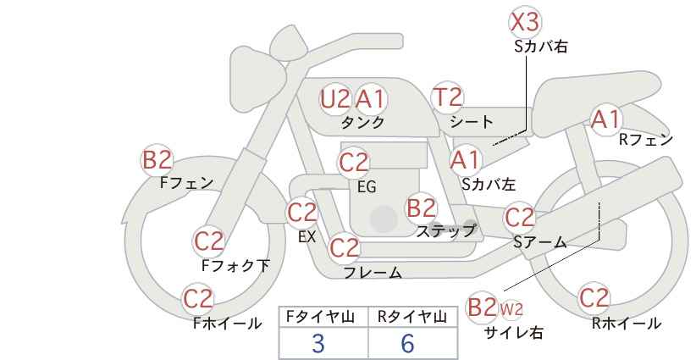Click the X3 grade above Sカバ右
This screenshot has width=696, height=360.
pyautogui.click(x=525, y=22)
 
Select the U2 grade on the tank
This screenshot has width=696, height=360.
pyautogui.click(x=335, y=99)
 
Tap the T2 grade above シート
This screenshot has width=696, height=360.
pyautogui.click(x=447, y=97)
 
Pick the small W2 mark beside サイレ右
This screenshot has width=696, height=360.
pyautogui.click(x=511, y=309)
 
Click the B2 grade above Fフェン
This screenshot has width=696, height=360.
pyautogui.click(x=157, y=160)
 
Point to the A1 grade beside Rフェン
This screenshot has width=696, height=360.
pyautogui.click(x=606, y=119)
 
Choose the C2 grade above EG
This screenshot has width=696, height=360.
pyautogui.click(x=353, y=163)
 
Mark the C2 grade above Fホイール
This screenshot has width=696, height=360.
pyautogui.click(x=198, y=299)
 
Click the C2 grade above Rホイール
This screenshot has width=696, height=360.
pyautogui.click(x=594, y=298)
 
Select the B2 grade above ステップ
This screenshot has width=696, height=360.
pyautogui.click(x=421, y=208)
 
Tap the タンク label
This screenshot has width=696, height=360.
pyautogui.click(x=362, y=122)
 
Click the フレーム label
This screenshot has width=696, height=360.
pyautogui.click(x=373, y=273)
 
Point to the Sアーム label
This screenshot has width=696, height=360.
pyautogui.click(x=540, y=242)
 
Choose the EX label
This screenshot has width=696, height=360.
pyautogui.click(x=307, y=236)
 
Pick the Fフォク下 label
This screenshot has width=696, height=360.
pyautogui.click(x=235, y=265)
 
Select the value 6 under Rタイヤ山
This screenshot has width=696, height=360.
pyautogui.click(x=407, y=343)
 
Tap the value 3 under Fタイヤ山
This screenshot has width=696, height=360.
pyautogui.click(x=318, y=343)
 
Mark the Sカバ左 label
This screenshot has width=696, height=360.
pyautogui.click(x=489, y=184)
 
